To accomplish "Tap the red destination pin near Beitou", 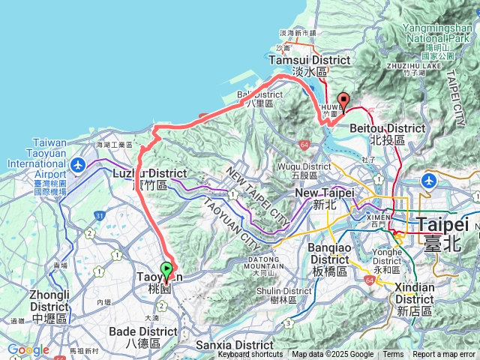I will click(x=344, y=100).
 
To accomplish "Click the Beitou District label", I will click(x=387, y=133).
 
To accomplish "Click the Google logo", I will click(x=28, y=349).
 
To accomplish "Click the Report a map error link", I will click(x=443, y=355).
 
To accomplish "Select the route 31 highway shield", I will click(x=100, y=217).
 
